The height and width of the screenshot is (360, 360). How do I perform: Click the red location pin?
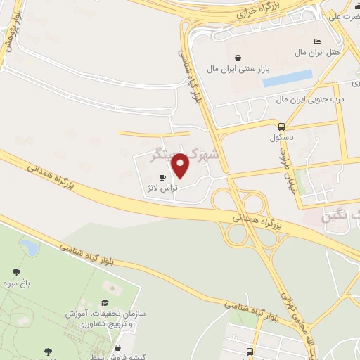181,165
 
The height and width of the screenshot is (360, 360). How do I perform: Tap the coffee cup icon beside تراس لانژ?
163,178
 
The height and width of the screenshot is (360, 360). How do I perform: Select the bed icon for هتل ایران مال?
316,41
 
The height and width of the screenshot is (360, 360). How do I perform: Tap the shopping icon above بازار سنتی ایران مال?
238,58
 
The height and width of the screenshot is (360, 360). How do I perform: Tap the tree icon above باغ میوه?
15,271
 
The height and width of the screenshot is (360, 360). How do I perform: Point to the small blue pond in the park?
30,247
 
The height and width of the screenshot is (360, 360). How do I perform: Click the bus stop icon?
250,351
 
